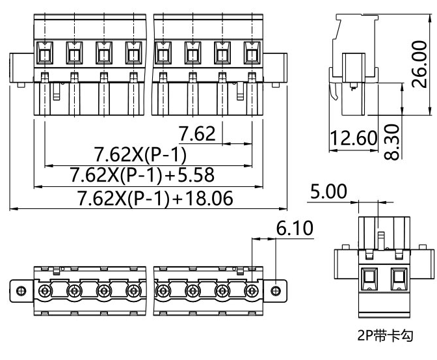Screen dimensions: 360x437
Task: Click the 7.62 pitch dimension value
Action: coord(196,134)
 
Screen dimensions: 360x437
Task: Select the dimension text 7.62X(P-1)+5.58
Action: coord(142,176)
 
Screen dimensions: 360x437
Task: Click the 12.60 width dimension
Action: coord(354,139)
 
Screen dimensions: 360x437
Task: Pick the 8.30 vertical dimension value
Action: coord(391,141)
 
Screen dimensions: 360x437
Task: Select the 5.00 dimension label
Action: coord(328,192)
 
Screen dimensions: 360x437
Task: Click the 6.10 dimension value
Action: coord(295,228)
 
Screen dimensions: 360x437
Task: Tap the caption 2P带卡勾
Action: coord(385,337)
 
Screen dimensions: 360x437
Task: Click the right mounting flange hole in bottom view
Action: coord(277,290)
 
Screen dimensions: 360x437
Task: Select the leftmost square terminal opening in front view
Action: coord(44,53)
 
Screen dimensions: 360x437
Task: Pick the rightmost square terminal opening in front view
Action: coord(252,53)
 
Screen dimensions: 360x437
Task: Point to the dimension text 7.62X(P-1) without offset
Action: coord(140,155)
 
